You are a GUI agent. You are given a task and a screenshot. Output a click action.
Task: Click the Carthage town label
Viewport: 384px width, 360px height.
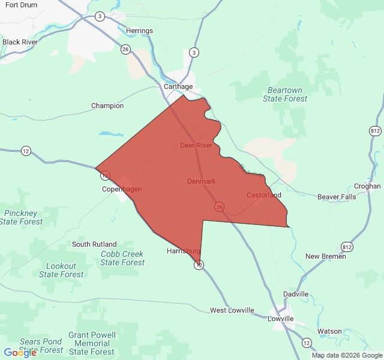tap(178, 86)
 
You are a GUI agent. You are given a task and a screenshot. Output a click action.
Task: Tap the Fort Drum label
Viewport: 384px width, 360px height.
tap(20, 5)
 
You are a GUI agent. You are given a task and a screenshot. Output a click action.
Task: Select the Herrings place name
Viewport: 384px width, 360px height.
tap(139, 31)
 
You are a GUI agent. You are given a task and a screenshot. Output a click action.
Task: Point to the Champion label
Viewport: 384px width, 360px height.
tap(107, 106)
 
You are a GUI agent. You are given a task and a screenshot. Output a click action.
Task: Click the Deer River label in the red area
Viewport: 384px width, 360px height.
tap(196, 145)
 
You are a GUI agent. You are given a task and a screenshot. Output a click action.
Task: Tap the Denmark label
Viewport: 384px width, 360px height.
tap(201, 181)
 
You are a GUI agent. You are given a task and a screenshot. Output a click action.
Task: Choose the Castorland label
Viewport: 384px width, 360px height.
tap(263, 195)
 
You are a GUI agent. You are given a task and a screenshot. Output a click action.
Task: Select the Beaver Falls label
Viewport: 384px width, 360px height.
tap(337, 197)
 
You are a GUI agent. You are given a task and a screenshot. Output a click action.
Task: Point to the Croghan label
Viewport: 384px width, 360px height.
tap(367, 186)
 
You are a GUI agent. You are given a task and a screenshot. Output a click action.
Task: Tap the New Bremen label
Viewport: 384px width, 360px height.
tap(325, 256)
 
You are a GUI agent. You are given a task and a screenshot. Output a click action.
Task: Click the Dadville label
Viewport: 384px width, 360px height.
tap(296, 294)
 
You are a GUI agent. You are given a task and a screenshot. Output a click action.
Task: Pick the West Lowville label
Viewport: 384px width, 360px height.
tap(232, 310)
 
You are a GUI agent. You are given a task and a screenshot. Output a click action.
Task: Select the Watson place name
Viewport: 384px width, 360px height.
tap(329, 331)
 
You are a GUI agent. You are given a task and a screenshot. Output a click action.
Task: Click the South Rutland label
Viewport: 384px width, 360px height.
tap(94, 244)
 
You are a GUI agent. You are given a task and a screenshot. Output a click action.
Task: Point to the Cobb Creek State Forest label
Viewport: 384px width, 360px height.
tap(122, 258)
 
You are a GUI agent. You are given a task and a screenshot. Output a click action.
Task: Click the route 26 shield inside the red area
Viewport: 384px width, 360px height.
tap(220, 206)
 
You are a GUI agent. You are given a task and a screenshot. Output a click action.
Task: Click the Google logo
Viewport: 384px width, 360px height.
tap(20, 353)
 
